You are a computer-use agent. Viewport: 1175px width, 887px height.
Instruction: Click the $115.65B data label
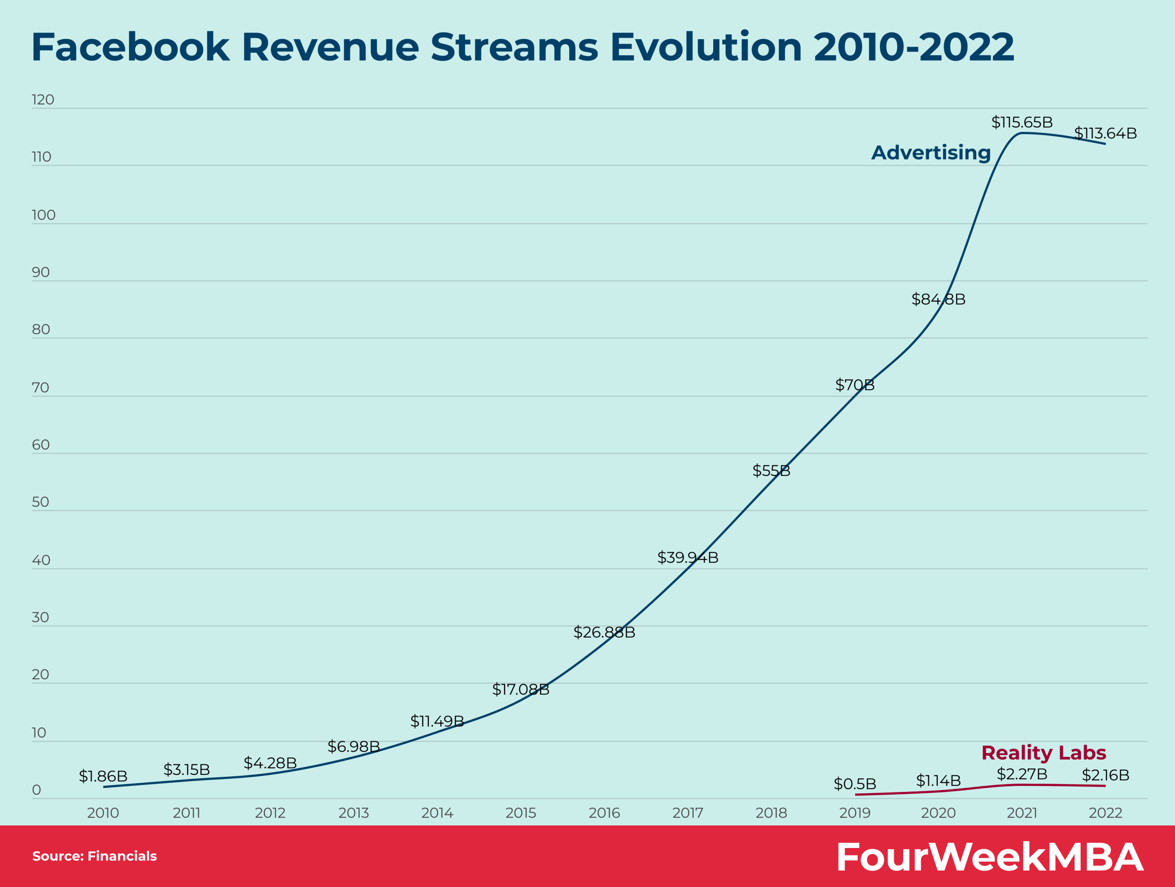click(1022, 122)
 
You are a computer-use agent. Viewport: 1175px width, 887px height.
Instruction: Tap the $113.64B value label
click(1105, 133)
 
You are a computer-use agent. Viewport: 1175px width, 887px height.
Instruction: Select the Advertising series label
click(931, 153)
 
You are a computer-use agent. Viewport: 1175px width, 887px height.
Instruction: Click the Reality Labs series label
click(1043, 752)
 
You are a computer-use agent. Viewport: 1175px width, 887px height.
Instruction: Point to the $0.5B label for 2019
click(855, 784)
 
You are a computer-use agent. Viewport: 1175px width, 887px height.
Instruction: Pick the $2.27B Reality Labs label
click(1022, 774)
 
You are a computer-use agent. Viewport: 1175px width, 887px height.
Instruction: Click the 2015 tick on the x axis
click(520, 813)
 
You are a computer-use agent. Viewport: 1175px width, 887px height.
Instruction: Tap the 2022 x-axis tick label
click(1105, 813)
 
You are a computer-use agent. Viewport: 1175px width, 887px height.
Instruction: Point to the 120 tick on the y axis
click(43, 100)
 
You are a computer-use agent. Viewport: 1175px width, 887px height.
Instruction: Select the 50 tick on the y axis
click(40, 502)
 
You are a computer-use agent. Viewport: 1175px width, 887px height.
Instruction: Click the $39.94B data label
click(688, 558)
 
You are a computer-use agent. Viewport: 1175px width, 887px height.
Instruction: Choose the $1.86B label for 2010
click(103, 776)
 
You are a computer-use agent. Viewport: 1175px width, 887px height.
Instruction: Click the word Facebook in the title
click(130, 47)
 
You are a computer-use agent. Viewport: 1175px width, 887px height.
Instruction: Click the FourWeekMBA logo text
click(989, 857)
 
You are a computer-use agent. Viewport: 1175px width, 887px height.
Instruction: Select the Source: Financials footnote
click(95, 856)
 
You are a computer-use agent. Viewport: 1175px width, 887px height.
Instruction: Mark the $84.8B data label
click(938, 299)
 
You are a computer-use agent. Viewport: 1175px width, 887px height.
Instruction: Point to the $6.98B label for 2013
click(354, 747)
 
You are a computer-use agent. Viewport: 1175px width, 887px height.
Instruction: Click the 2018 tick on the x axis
click(771, 813)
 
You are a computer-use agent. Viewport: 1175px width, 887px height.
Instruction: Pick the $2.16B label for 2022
click(1105, 775)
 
